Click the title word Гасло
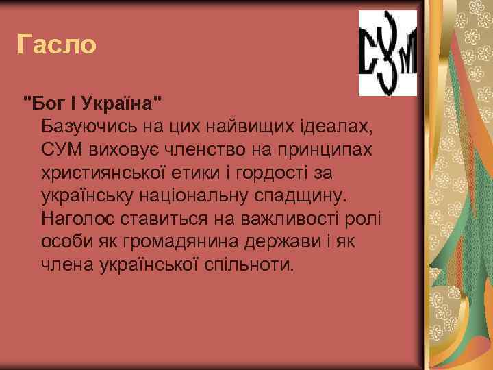(57, 45)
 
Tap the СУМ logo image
(388, 53)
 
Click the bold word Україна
(122, 104)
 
